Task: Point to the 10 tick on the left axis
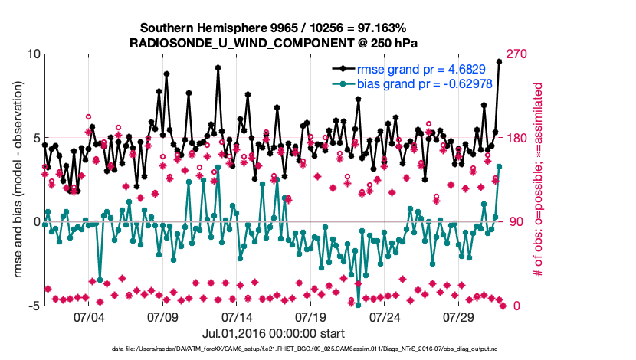[33, 55]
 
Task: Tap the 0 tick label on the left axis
[36, 222]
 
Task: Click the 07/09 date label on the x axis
[162, 317]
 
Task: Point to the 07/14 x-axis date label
[237, 317]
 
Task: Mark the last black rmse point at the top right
[500, 62]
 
